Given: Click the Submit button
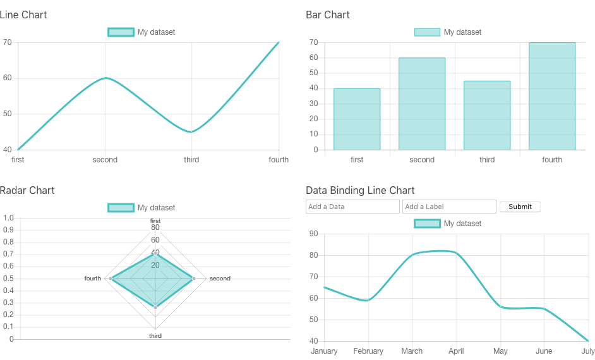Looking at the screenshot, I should [520, 207].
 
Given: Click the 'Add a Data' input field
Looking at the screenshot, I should [352, 207].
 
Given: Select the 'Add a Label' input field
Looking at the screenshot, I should [449, 207].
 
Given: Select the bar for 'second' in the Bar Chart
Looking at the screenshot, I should [422, 104].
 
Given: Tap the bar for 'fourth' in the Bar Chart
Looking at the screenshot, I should [552, 96].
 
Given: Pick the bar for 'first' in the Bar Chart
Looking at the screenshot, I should [357, 119].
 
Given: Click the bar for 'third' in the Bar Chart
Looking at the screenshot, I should [487, 115].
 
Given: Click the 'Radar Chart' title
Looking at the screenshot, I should [27, 190].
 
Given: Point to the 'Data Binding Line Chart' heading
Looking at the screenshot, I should [360, 190].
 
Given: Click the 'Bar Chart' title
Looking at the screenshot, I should [328, 15].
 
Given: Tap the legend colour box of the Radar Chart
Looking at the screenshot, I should [121, 208].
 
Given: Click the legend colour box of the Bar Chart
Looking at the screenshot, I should [427, 32].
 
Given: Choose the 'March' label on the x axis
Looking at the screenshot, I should [412, 351].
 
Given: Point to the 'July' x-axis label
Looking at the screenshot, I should [587, 351].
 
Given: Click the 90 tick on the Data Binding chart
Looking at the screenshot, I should [313, 234].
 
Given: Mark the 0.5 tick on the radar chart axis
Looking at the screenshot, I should [8, 279].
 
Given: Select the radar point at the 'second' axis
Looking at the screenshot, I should [194, 279].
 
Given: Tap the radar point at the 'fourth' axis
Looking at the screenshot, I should [111, 279].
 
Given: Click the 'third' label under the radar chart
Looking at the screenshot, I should [155, 336].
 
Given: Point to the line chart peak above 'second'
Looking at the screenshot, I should [105, 78].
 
